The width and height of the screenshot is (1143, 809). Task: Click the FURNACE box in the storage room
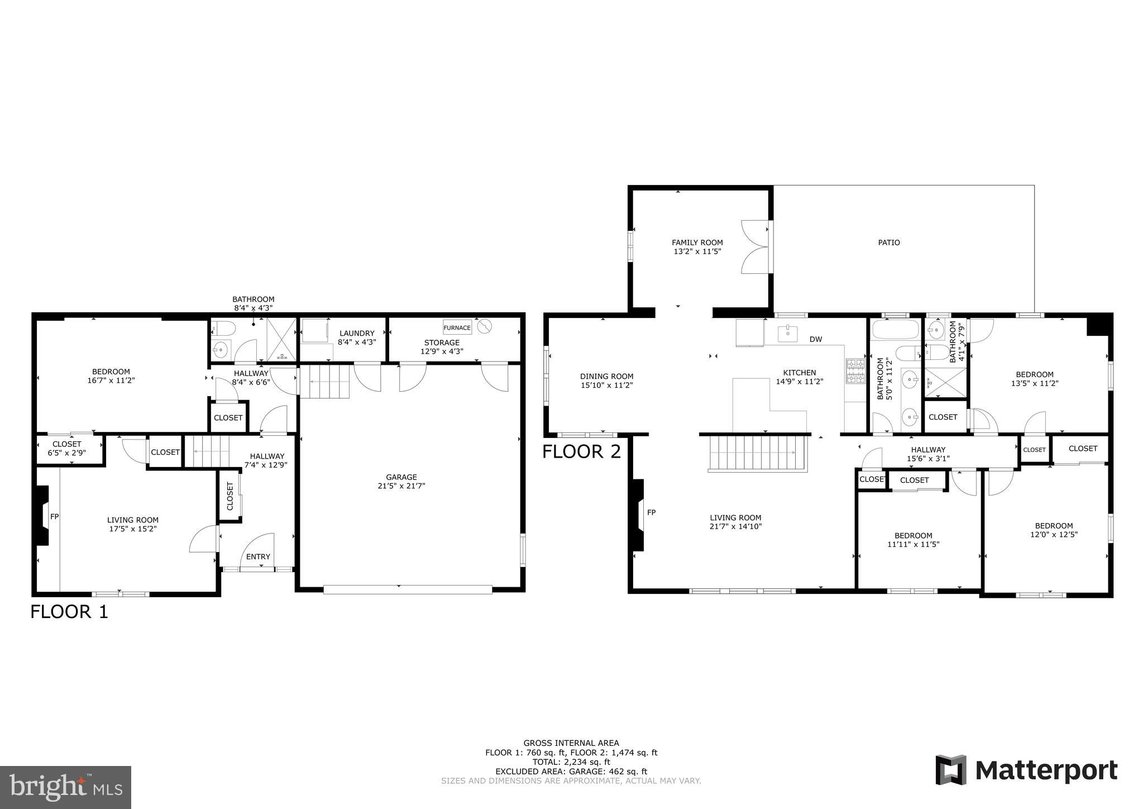coord(457,327)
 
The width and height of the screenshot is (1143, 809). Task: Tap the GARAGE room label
coord(401,477)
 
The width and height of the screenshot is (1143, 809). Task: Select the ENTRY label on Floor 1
coord(258,556)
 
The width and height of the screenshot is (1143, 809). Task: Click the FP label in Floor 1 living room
coord(55,517)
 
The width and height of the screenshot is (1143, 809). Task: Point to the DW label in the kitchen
coord(816,339)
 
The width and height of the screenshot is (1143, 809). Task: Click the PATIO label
coord(889,242)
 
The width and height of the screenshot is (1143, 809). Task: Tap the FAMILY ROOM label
coord(697,242)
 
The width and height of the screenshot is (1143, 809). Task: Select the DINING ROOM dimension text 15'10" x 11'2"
coord(606,385)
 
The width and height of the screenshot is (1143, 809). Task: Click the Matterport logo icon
coord(951,770)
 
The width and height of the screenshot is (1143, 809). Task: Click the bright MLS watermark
coord(66,787)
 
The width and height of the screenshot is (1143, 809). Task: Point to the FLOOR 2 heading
coord(581,451)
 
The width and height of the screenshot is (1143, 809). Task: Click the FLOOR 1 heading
coord(69,612)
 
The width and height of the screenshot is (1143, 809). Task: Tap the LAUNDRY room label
coord(356,334)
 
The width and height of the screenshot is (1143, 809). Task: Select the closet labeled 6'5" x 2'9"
coord(67,449)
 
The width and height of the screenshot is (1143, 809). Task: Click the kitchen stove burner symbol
coord(854,372)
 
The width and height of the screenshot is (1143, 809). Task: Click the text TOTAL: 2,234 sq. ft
coord(571,762)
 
